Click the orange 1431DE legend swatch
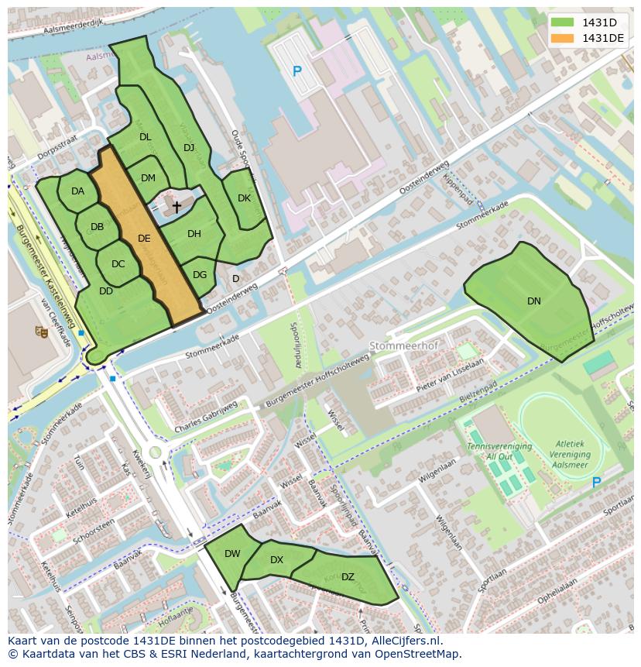coord(563,38)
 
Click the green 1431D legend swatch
coord(563,22)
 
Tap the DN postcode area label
coord(534,301)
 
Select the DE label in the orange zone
coord(144,239)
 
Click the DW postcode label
coord(232,554)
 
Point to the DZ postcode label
coord(348,576)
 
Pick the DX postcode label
coord(276,560)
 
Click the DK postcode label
coord(244,198)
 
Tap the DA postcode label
coord(77,191)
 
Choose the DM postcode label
coord(148,178)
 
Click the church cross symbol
coord(177,207)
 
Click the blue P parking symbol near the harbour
coord(297,72)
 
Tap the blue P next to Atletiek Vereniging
coord(596,483)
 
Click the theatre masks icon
coord(41,332)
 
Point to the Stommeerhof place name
coord(399,346)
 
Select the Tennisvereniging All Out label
coord(499,452)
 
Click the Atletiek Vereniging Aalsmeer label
coord(569,455)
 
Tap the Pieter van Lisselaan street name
coord(450,373)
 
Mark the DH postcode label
coord(194,234)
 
